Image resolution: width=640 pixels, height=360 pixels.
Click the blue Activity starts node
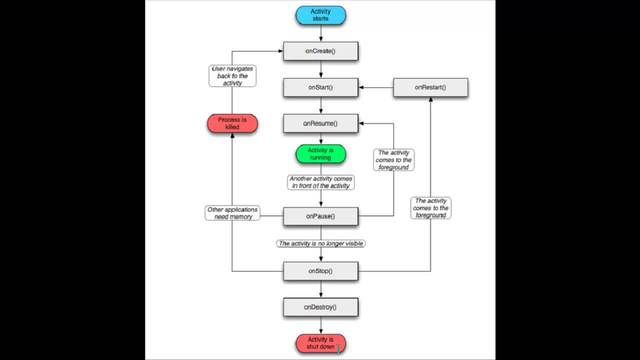click(x=320, y=15)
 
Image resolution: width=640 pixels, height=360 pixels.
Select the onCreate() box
click(x=320, y=51)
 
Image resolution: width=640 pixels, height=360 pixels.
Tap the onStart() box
click(x=320, y=87)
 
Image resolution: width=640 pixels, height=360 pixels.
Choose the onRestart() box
click(x=430, y=87)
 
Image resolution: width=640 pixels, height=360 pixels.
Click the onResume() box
click(x=320, y=123)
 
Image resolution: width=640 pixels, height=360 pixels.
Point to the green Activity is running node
click(x=320, y=154)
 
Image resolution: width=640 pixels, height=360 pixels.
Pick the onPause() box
click(x=320, y=216)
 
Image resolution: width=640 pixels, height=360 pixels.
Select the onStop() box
click(x=320, y=271)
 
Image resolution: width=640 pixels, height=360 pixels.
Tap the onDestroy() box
click(x=320, y=307)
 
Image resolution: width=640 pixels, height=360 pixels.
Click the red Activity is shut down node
click(x=320, y=343)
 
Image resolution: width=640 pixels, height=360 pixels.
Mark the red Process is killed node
click(x=232, y=123)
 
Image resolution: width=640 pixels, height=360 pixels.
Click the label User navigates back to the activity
click(x=232, y=76)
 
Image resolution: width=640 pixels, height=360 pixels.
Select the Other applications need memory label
click(x=232, y=213)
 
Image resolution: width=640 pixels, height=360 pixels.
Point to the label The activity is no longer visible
click(x=320, y=243)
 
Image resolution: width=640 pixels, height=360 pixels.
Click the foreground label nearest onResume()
click(x=393, y=160)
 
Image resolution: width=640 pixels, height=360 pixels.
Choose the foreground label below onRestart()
click(x=430, y=208)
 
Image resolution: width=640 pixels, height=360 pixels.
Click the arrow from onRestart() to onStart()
click(x=376, y=87)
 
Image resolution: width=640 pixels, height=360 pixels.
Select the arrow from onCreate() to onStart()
click(x=320, y=69)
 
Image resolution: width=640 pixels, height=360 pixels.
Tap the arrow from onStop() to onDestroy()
click(x=320, y=289)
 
